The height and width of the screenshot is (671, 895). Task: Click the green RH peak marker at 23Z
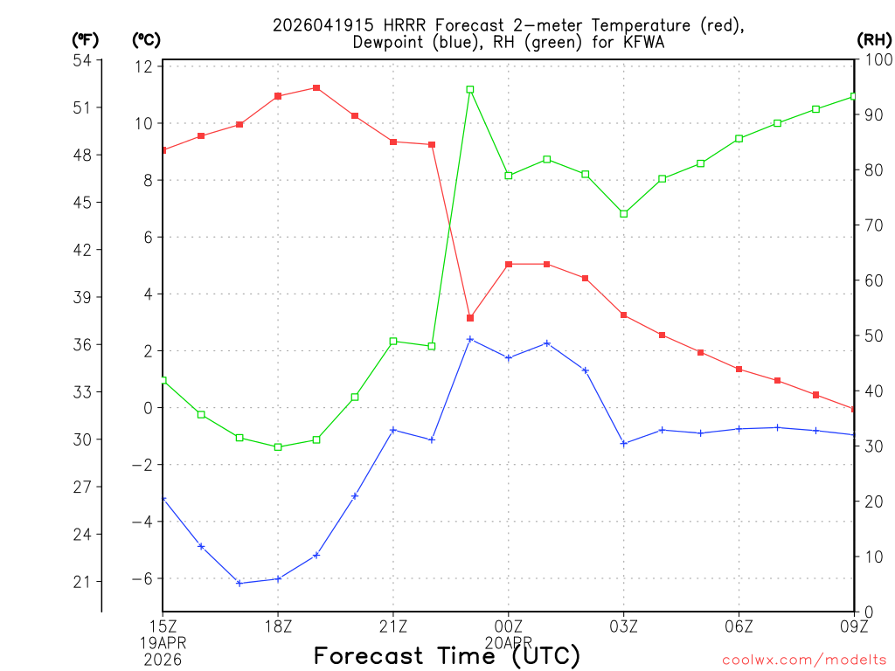[x=470, y=89]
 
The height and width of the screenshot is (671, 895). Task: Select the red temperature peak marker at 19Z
[x=316, y=87]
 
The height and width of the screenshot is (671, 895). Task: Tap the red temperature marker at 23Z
[x=470, y=318]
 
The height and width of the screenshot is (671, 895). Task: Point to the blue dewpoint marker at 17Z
[x=239, y=583]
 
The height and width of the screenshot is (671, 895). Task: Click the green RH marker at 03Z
[x=624, y=213]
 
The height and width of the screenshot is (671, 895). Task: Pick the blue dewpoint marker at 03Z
[x=624, y=444]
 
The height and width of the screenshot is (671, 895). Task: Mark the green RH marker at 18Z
[x=278, y=446]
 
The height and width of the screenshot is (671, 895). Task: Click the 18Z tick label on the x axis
[x=278, y=626]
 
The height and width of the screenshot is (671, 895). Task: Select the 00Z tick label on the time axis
[x=509, y=626]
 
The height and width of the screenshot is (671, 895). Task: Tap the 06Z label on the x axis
[x=739, y=626]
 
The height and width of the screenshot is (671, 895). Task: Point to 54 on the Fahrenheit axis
[x=82, y=60]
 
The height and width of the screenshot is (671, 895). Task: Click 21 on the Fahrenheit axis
[x=82, y=582]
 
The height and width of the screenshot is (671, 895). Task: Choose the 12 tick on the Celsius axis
[x=144, y=66]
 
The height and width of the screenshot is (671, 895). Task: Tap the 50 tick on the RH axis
[x=871, y=335]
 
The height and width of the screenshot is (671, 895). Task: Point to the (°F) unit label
[x=86, y=39]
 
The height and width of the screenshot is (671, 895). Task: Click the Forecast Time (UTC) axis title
[x=447, y=655]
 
